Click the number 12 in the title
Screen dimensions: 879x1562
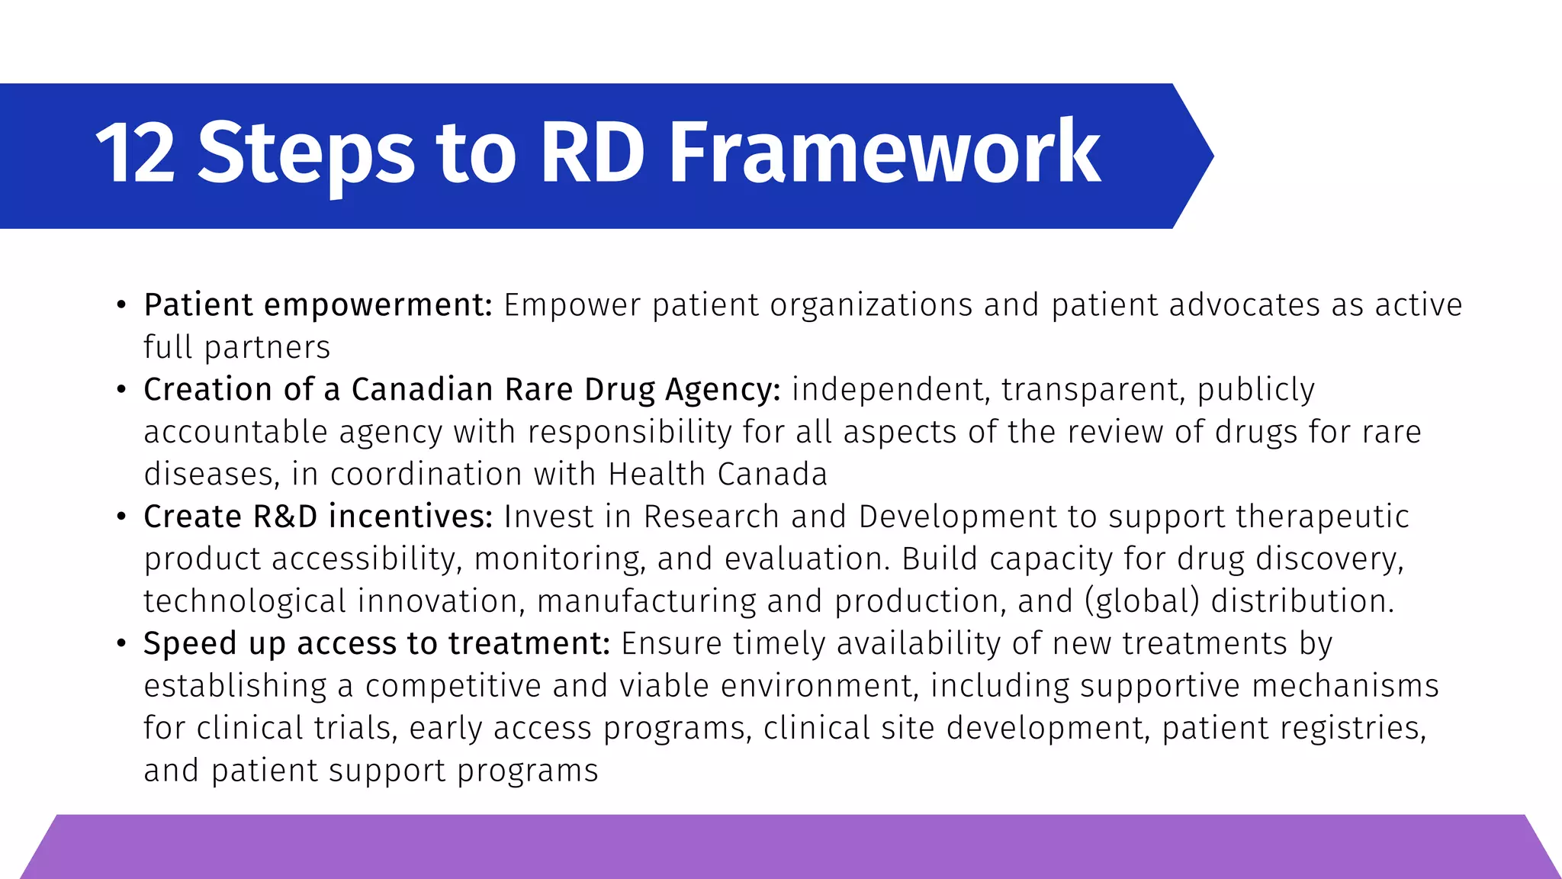coord(136,154)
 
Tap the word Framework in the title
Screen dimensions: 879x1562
coord(885,154)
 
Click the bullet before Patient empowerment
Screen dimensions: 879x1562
coord(121,305)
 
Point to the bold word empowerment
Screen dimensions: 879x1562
coord(378,305)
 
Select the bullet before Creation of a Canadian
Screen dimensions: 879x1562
coord(121,390)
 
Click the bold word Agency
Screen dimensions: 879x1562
coord(722,390)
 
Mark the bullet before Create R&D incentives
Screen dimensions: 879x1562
coord(121,517)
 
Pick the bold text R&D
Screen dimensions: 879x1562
coord(285,517)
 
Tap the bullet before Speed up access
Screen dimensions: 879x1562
coord(121,644)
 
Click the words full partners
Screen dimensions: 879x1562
coord(236,348)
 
